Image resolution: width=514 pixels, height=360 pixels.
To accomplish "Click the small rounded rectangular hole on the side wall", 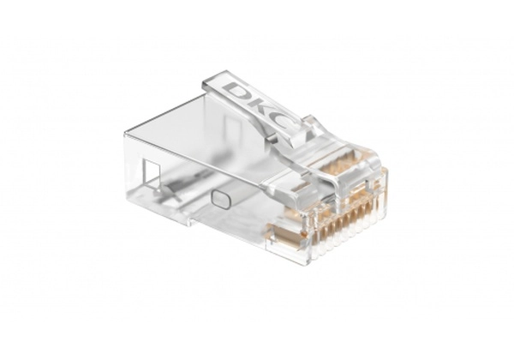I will tap(220, 199).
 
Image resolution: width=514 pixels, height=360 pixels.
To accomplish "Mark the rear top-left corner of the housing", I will tap(126, 135).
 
